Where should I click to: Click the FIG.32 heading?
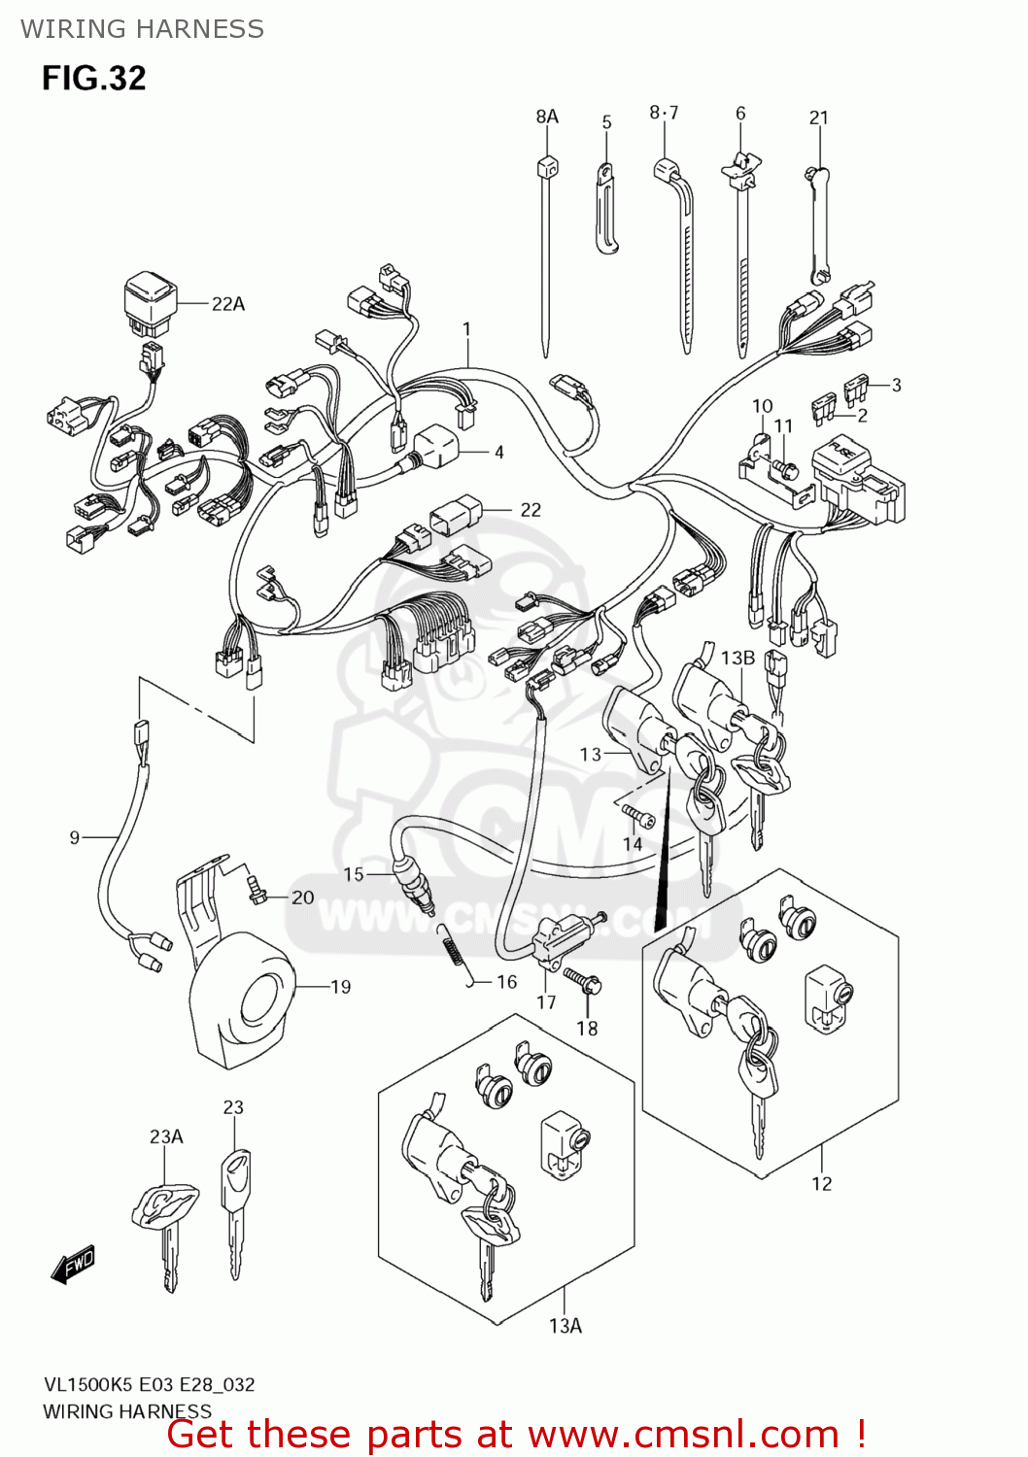[93, 78]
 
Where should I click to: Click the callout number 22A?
[228, 304]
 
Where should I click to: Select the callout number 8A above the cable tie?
[547, 117]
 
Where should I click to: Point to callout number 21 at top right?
[819, 118]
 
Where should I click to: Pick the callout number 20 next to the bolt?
[302, 898]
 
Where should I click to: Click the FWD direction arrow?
[73, 1266]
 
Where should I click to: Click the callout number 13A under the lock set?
[565, 1326]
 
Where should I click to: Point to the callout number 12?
[822, 1183]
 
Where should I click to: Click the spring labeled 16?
[453, 947]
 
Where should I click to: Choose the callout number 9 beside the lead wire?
[75, 837]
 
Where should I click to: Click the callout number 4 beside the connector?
[498, 452]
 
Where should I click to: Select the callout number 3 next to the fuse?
[896, 385]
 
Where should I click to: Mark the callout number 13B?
[737, 658]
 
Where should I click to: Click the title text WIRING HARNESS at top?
[142, 29]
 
